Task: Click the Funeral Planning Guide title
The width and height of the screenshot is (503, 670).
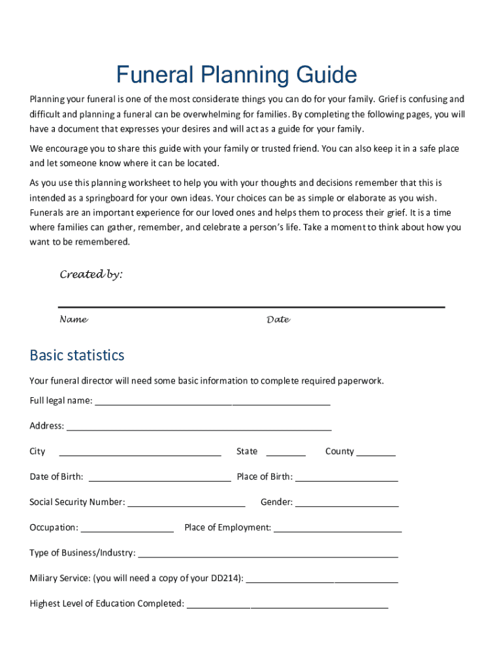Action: [x=236, y=75]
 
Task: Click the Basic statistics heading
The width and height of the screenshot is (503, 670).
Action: [x=76, y=355]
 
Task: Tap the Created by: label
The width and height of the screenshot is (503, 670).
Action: [x=91, y=275]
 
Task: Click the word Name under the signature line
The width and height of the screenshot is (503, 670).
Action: [x=74, y=320]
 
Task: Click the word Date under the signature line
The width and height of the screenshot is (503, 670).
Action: [x=278, y=320]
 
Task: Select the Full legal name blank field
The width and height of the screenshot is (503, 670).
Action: [x=212, y=401]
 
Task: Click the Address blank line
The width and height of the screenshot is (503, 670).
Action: [x=199, y=427]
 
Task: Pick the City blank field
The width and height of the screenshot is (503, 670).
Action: [x=140, y=452]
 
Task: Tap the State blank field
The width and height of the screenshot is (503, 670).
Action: [x=285, y=452]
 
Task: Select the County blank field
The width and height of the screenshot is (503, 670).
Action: [x=376, y=452]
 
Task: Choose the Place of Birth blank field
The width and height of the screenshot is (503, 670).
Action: [x=346, y=478]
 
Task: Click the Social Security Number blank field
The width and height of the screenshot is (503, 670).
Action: [x=186, y=503]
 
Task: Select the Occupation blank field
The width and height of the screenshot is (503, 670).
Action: [x=127, y=529]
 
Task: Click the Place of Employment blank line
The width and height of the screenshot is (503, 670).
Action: [x=337, y=529]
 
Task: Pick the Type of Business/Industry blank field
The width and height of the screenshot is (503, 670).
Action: [x=268, y=554]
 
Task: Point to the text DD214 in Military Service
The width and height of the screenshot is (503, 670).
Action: [x=225, y=578]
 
